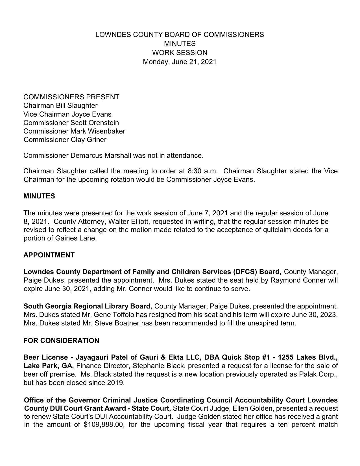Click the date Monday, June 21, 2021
[180, 62]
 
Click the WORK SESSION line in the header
[180, 53]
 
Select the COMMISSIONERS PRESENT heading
[71, 97]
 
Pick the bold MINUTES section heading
[39, 196]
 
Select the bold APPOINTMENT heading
[49, 255]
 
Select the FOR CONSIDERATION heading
[61, 341]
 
